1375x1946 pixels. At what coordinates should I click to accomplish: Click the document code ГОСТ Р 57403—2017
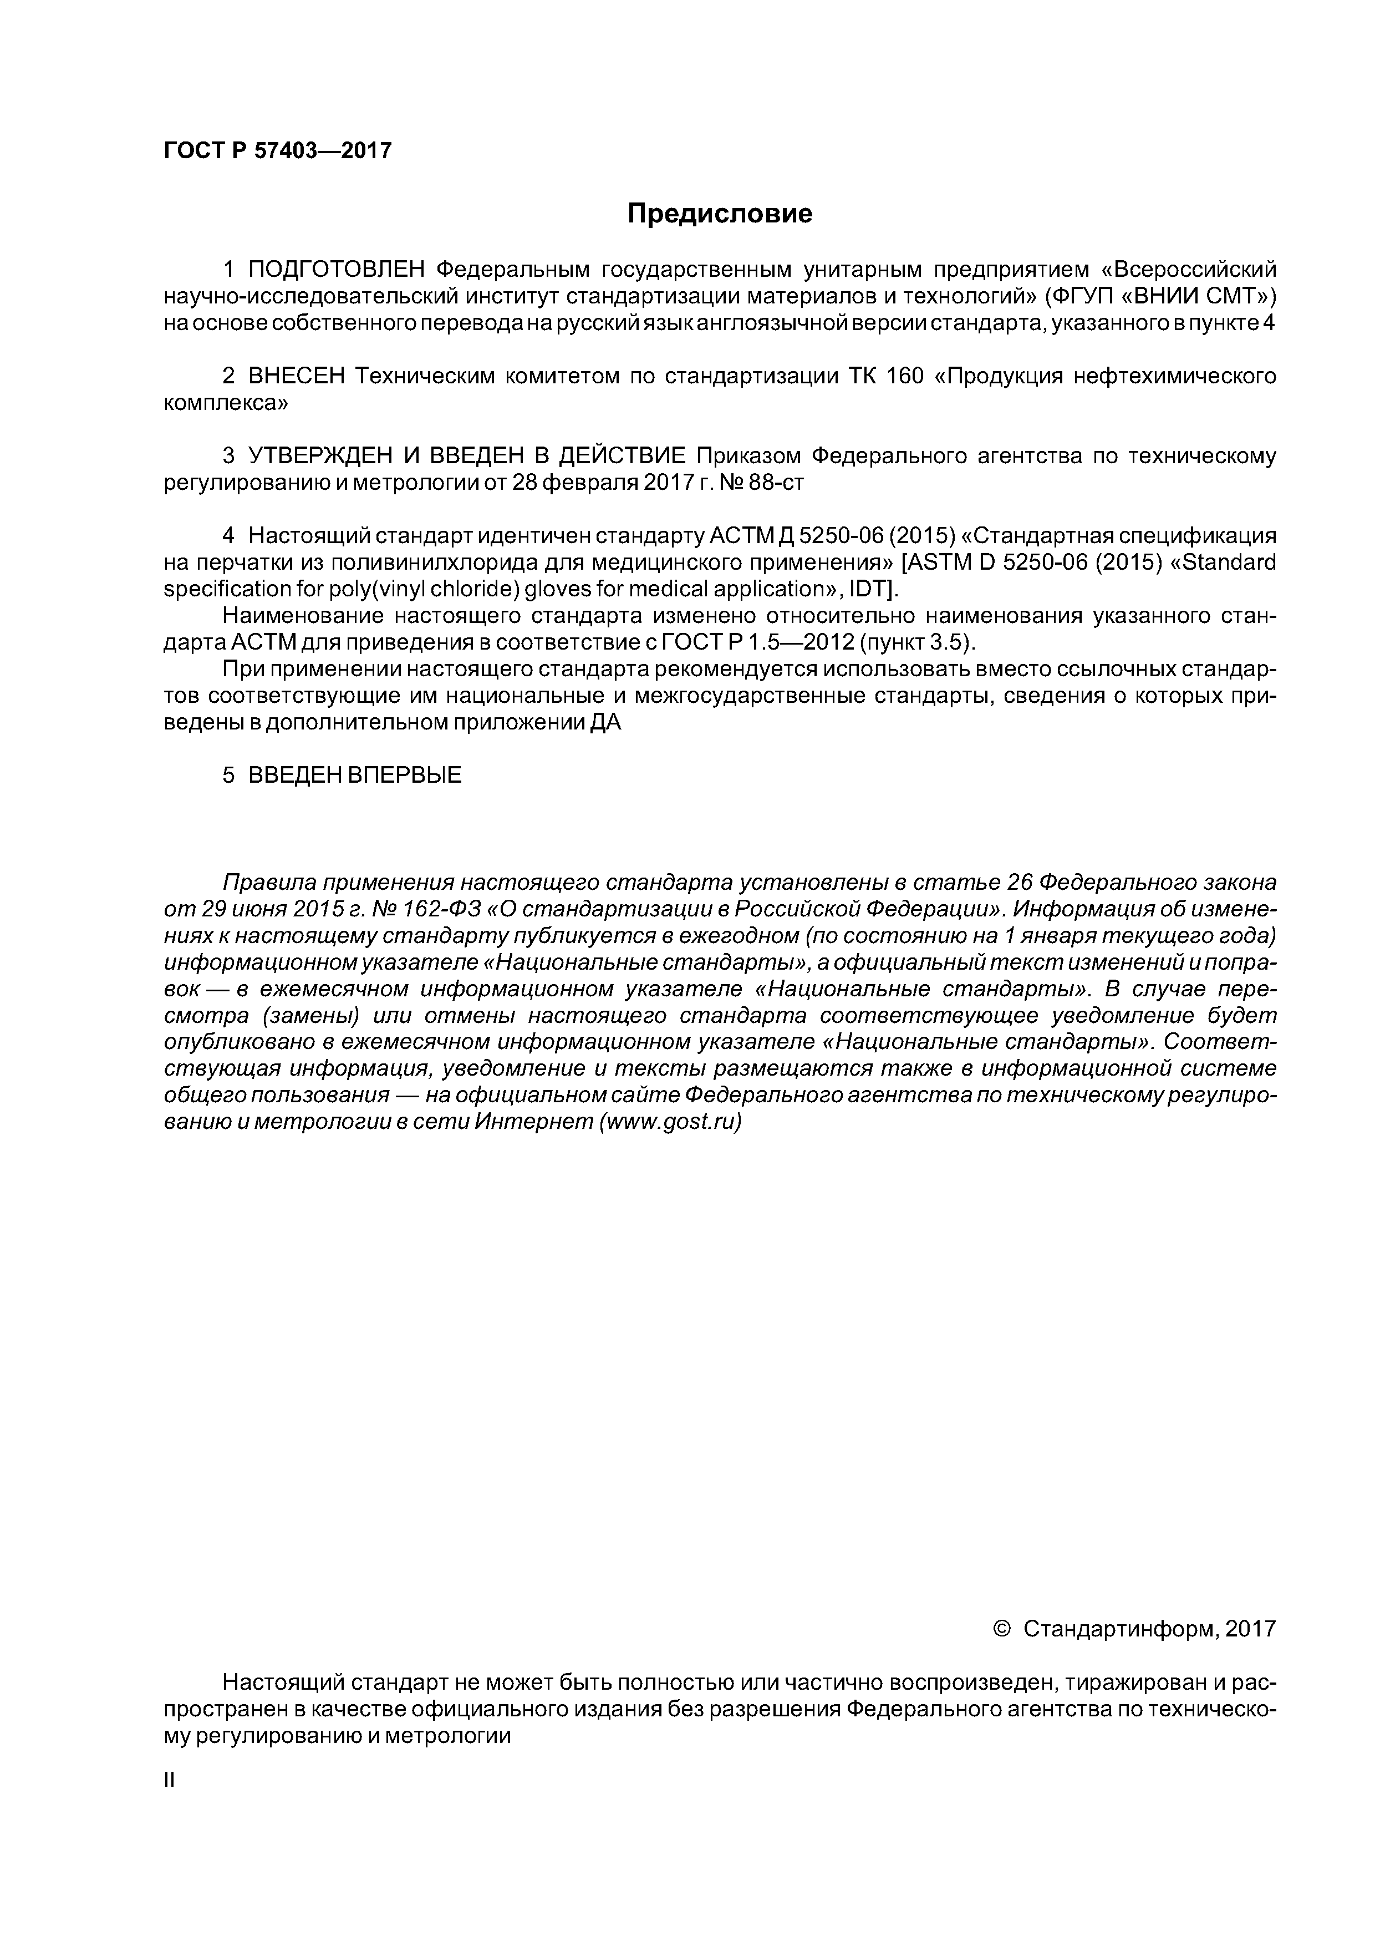[277, 151]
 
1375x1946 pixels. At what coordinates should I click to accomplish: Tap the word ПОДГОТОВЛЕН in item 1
[335, 270]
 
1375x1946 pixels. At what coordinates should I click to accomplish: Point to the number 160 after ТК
[904, 376]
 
